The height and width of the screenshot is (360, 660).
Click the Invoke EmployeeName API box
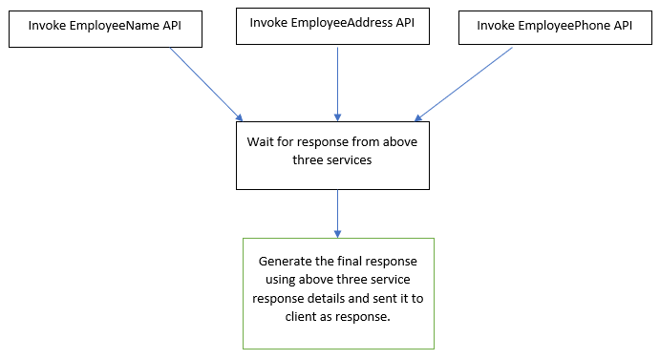click(106, 28)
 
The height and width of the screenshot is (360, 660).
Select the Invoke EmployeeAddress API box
click(332, 25)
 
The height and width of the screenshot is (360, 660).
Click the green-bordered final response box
click(338, 293)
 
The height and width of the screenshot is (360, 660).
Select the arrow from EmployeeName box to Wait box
click(205, 83)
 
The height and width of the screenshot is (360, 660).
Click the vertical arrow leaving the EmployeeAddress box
click(337, 81)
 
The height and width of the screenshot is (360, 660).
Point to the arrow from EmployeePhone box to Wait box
click(465, 83)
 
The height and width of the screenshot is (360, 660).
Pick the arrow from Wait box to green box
click(337, 212)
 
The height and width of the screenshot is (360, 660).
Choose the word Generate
click(286, 261)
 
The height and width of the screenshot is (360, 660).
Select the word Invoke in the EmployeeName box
click(46, 26)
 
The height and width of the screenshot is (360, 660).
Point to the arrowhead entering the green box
click(337, 233)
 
